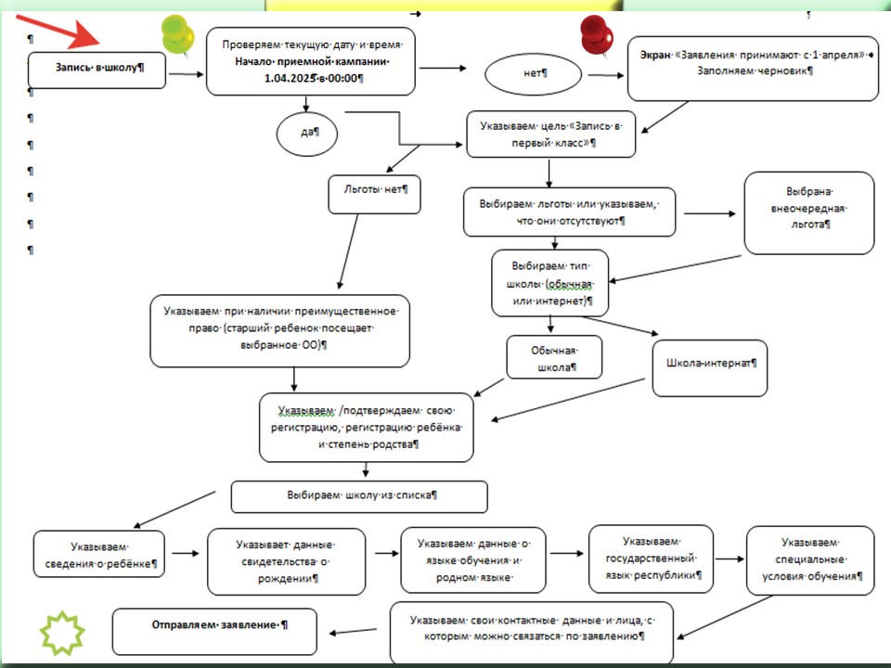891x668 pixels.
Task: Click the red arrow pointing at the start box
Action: pos(58,32)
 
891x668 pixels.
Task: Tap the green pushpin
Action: pos(177,34)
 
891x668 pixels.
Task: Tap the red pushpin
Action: pos(596,34)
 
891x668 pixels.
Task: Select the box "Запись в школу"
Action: pos(97,71)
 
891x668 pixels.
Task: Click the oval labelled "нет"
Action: pos(533,74)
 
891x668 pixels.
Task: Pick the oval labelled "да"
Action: pos(307,133)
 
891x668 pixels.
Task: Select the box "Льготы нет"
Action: pos(374,194)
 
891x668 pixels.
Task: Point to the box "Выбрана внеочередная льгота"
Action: pos(809,213)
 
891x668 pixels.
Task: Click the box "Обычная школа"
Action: pos(554,357)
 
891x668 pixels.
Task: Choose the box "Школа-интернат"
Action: pos(710,368)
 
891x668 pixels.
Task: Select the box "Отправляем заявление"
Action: pos(214,632)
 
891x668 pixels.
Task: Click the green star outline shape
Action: pos(62,634)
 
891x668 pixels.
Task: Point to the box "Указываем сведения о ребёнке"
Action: pos(99,555)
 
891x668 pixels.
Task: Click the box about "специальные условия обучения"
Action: pos(810,560)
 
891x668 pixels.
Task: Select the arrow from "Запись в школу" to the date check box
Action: pos(186,74)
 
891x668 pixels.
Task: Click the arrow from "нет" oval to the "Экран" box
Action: pos(606,75)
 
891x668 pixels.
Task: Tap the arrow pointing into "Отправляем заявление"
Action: pos(353,631)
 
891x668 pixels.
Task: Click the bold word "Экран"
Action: pos(655,55)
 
